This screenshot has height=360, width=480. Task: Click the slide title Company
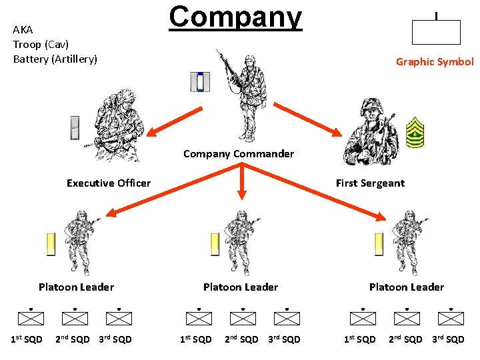click(x=235, y=16)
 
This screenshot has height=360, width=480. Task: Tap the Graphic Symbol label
click(x=435, y=62)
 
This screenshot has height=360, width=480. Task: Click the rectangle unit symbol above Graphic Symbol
click(x=436, y=32)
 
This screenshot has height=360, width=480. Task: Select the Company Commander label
click(x=239, y=154)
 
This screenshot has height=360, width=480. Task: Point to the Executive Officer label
click(x=109, y=183)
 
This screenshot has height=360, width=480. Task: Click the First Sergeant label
click(x=370, y=183)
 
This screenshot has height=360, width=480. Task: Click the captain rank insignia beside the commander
click(x=199, y=82)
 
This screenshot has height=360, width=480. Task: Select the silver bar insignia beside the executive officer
click(x=75, y=128)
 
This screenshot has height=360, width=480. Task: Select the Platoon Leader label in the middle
click(x=241, y=287)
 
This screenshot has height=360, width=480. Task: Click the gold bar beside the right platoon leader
click(x=379, y=245)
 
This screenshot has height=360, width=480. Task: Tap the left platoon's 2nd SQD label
click(x=73, y=339)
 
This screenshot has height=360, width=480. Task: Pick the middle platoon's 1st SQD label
click(x=196, y=339)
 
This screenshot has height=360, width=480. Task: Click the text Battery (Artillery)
click(x=55, y=59)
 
